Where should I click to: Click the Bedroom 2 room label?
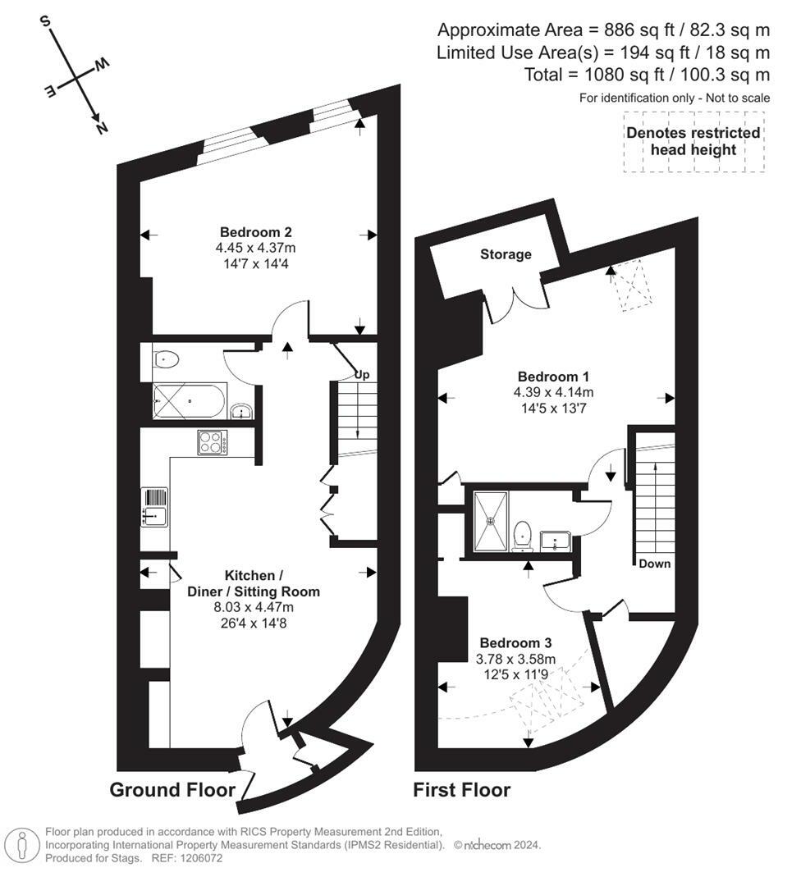pos(255,232)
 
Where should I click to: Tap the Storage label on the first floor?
pos(506,254)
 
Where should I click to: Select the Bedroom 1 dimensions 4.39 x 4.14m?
pos(553,391)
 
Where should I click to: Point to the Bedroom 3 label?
pos(515,642)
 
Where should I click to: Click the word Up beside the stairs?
pos(362,375)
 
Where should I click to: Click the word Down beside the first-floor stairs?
pos(655,564)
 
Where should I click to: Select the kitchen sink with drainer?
pos(154,507)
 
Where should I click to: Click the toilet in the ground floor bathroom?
pos(167,359)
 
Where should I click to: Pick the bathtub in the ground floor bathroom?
pos(189,402)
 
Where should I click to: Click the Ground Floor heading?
pos(172,790)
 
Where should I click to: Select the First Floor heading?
pos(461,790)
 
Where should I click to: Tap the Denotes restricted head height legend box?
pos(693,142)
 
